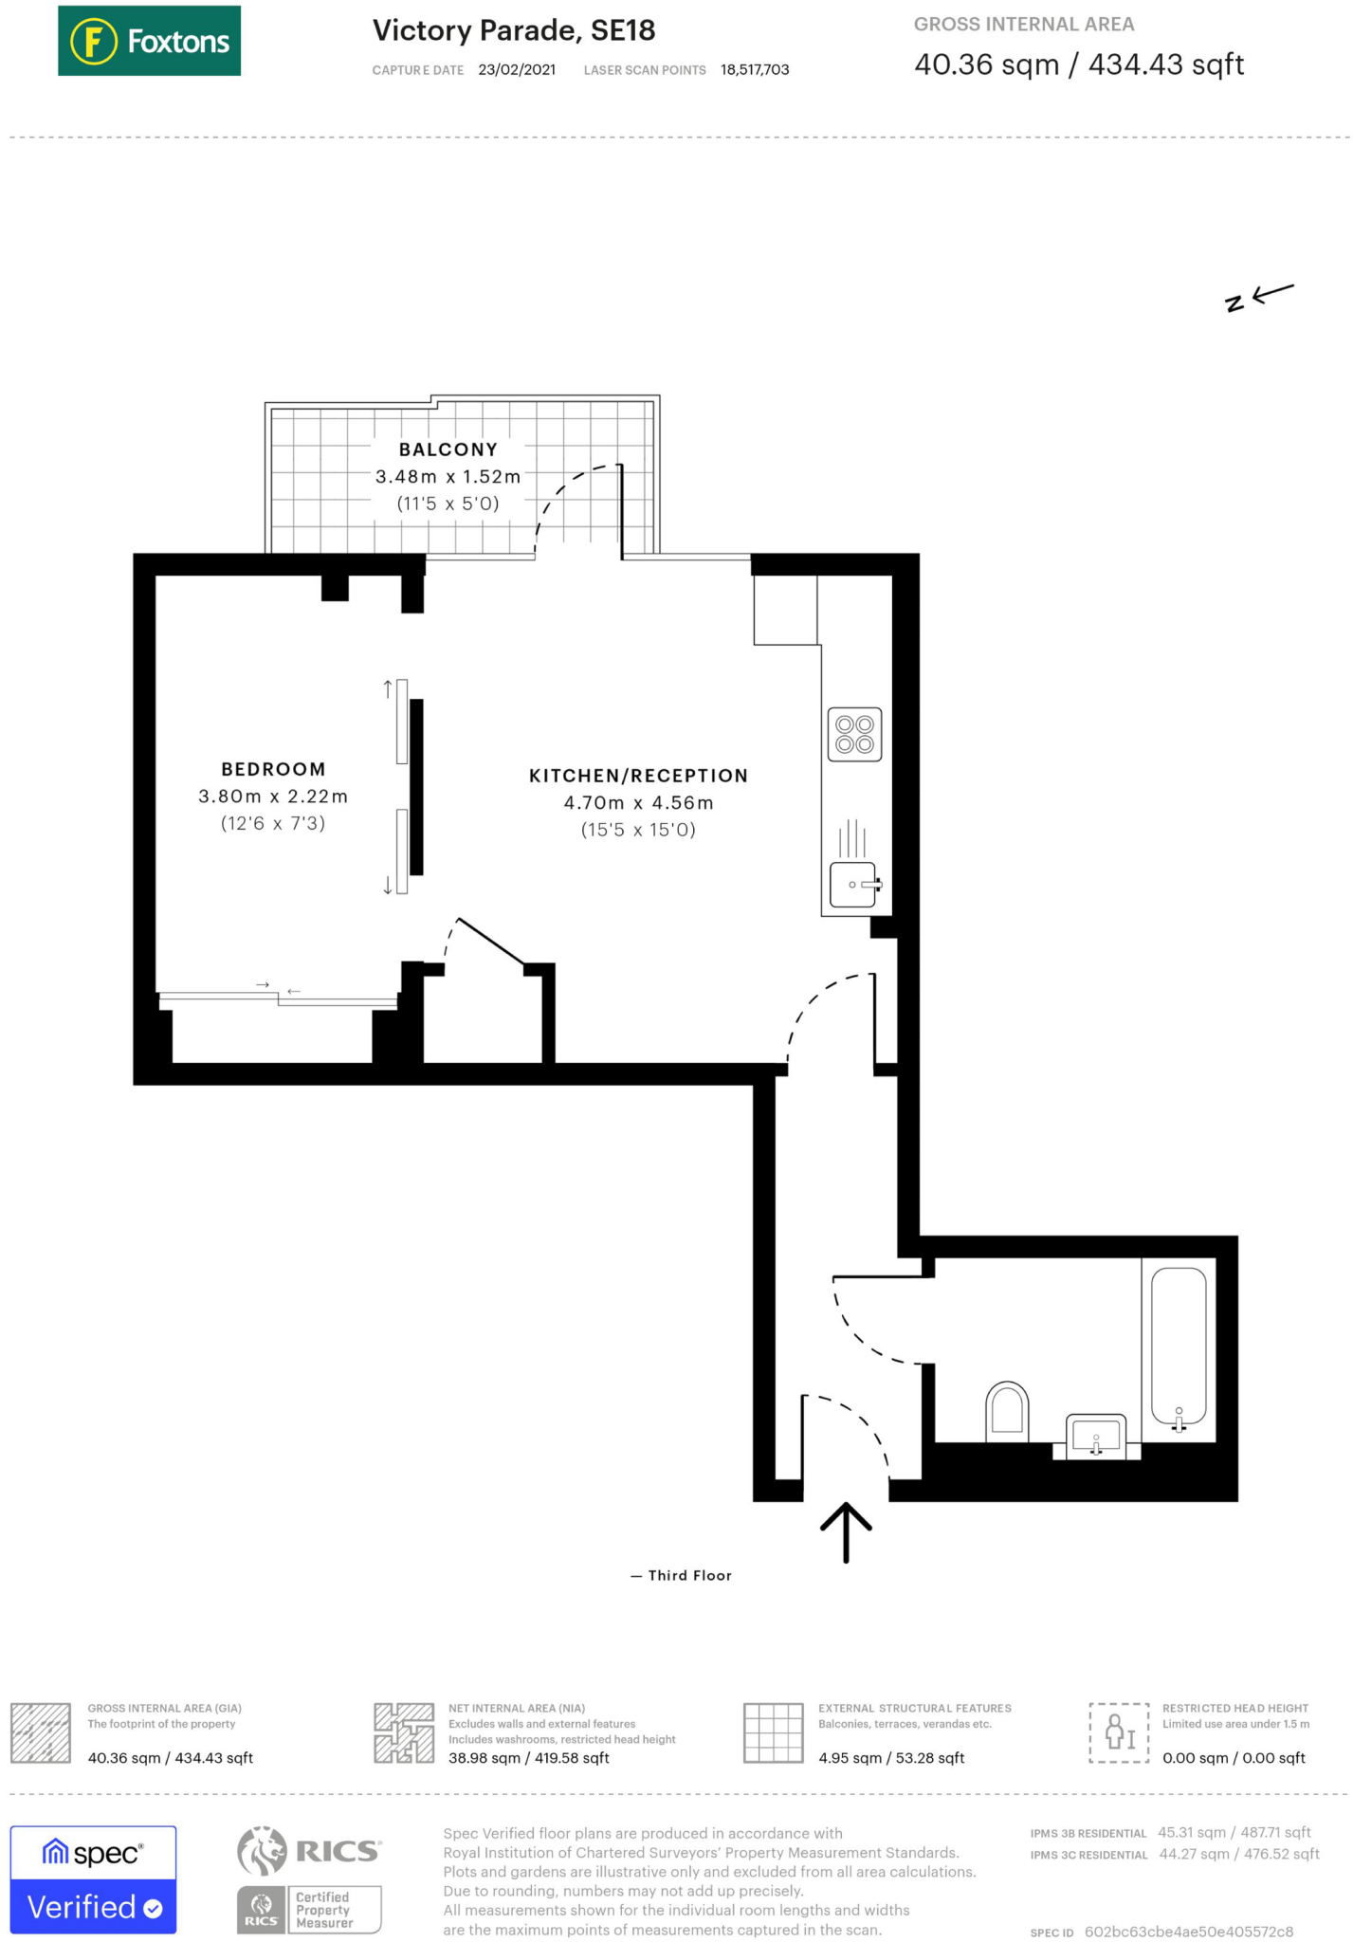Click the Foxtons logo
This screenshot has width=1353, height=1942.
[149, 41]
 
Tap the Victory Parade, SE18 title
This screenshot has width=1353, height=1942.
[513, 30]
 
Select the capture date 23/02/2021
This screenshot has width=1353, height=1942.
[517, 70]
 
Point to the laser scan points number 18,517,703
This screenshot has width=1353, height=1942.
[754, 70]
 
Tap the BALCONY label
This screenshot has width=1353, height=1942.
[448, 449]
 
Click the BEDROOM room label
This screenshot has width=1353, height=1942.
[273, 769]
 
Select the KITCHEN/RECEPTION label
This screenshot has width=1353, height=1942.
[638, 776]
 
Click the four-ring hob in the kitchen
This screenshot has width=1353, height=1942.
[854, 734]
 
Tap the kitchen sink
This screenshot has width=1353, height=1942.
[853, 884]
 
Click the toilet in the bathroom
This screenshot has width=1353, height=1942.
[1007, 1410]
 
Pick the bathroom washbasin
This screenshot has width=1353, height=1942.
[1095, 1436]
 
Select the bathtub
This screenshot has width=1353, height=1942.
[1179, 1347]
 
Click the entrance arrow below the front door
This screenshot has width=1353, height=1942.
[845, 1530]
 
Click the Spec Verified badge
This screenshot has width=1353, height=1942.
[93, 1878]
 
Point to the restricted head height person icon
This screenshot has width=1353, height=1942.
[1119, 1732]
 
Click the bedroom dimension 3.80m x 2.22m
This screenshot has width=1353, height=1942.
[273, 797]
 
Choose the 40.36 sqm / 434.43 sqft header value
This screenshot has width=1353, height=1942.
[1078, 64]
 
